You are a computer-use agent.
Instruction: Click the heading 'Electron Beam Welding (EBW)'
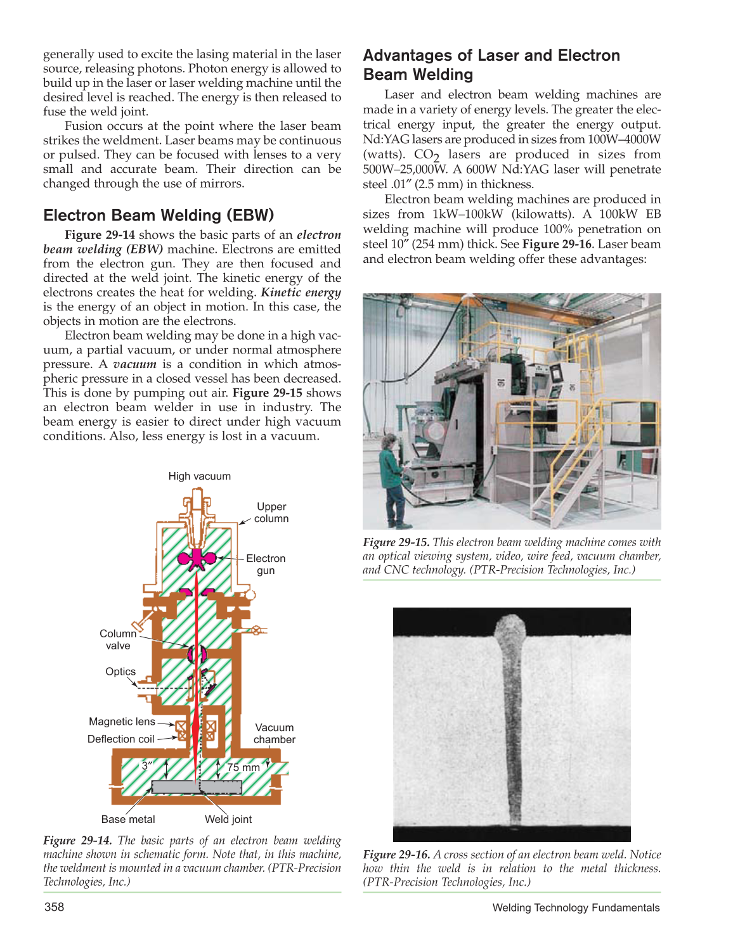tap(159, 215)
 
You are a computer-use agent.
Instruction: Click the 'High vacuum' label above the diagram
tap(199, 476)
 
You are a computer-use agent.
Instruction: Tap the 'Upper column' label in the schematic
tap(271, 513)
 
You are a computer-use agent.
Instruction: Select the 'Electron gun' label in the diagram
tap(266, 564)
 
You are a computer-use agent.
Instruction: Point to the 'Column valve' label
tap(118, 640)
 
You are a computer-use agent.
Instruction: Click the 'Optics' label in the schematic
tap(120, 672)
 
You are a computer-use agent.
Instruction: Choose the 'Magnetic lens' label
tap(122, 722)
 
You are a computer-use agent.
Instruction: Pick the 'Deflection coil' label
tap(121, 739)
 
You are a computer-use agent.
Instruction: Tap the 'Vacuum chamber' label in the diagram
tap(274, 734)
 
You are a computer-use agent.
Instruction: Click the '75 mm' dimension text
tap(243, 768)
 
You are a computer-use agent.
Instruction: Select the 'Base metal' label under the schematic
tap(128, 819)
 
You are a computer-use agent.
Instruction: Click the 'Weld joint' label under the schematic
tap(228, 819)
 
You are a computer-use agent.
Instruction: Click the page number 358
tap(55, 907)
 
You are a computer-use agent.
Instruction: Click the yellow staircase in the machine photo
tap(571, 481)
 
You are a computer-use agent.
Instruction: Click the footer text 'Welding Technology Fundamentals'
tap(576, 908)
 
